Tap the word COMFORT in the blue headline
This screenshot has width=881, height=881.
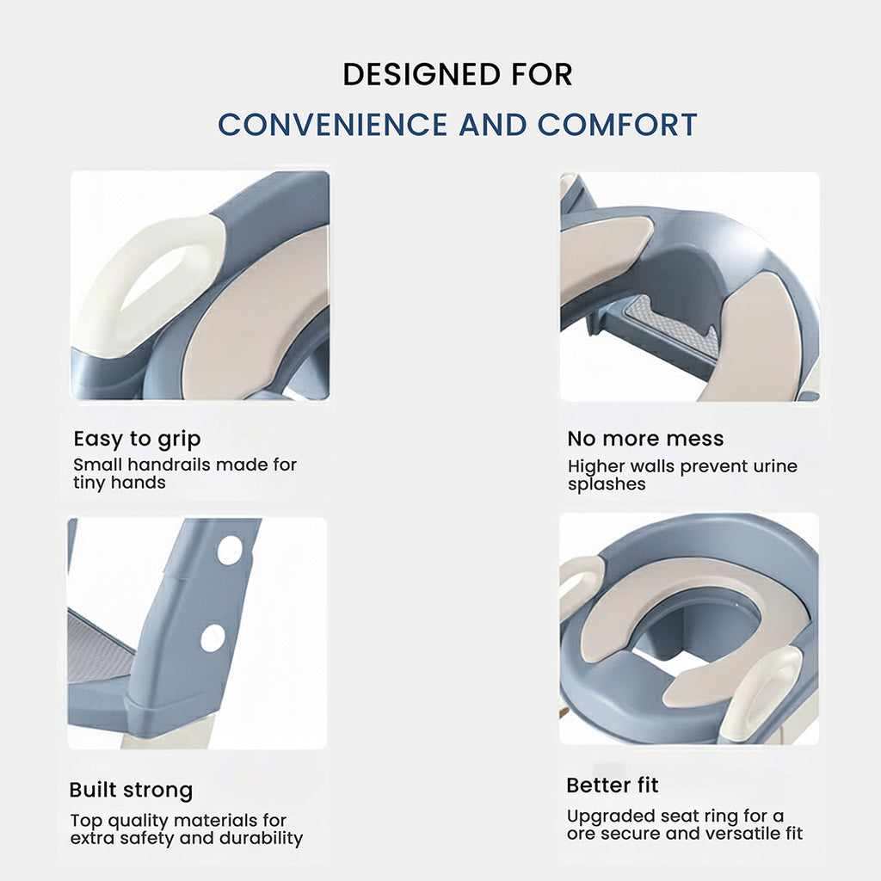coord(617,124)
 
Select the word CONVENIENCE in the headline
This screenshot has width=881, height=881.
coord(333,124)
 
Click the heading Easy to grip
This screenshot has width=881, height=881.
coord(137,439)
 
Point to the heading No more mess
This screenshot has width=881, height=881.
coord(645,438)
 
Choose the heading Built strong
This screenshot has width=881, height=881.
coord(131,790)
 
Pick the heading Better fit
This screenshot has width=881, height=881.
coord(613,785)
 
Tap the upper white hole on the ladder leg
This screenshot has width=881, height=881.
coord(230,550)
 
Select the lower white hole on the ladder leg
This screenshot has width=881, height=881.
coord(213,638)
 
